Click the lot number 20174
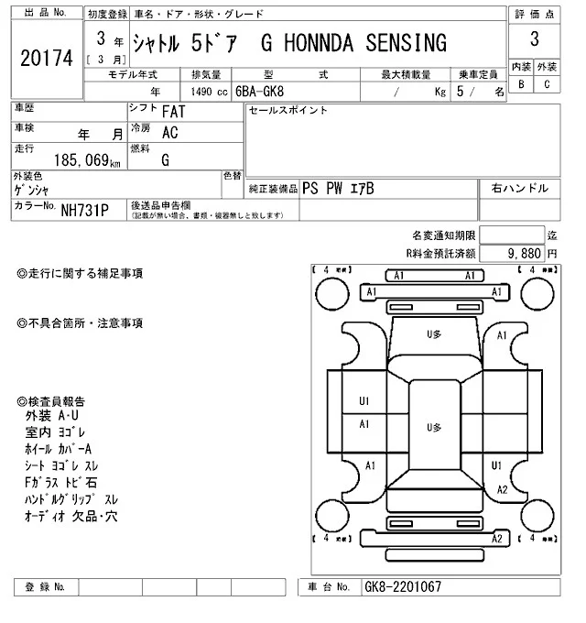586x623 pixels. click(45, 58)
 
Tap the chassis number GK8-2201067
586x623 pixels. click(403, 586)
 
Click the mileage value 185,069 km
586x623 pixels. click(81, 161)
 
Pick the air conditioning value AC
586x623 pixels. click(169, 132)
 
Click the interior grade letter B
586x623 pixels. click(521, 84)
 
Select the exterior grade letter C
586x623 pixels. click(547, 84)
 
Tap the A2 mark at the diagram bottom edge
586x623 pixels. click(496, 539)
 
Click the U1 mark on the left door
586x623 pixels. click(364, 401)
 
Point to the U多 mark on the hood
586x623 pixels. click(434, 335)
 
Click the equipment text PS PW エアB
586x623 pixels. click(339, 188)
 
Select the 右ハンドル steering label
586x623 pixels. click(519, 188)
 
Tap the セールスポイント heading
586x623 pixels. click(288, 111)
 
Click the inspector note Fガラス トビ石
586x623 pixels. click(62, 482)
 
